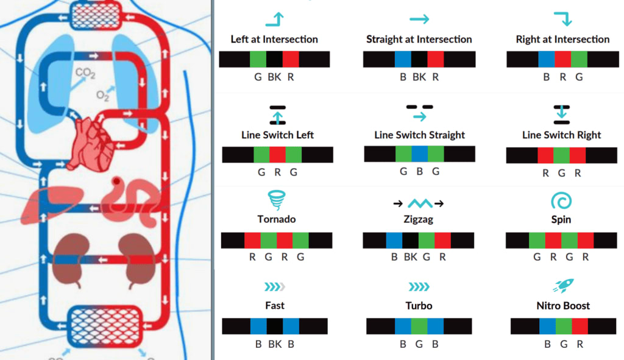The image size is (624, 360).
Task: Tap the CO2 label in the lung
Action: pos(85,74)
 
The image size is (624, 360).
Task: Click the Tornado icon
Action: pos(277,200)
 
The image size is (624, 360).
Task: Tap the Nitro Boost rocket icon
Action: pos(563,286)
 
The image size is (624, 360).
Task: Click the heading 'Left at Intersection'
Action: pos(274,40)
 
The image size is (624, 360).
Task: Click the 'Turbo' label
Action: pos(419,306)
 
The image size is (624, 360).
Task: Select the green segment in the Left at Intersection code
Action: pos(258,59)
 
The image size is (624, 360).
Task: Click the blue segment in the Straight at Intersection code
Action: pos(403,59)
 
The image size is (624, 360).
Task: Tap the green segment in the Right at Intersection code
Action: pos(579,59)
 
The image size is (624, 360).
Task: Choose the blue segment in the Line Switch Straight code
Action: pos(419,154)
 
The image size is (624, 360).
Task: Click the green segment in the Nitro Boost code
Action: pos(563,326)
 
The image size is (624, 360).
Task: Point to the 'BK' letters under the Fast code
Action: pos(275,344)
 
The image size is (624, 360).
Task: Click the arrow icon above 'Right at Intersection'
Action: pos(562,19)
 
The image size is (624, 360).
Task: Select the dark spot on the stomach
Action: pos(116,181)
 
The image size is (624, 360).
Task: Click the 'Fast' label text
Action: pos(275,306)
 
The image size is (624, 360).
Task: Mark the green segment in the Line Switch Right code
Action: pos(561,155)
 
